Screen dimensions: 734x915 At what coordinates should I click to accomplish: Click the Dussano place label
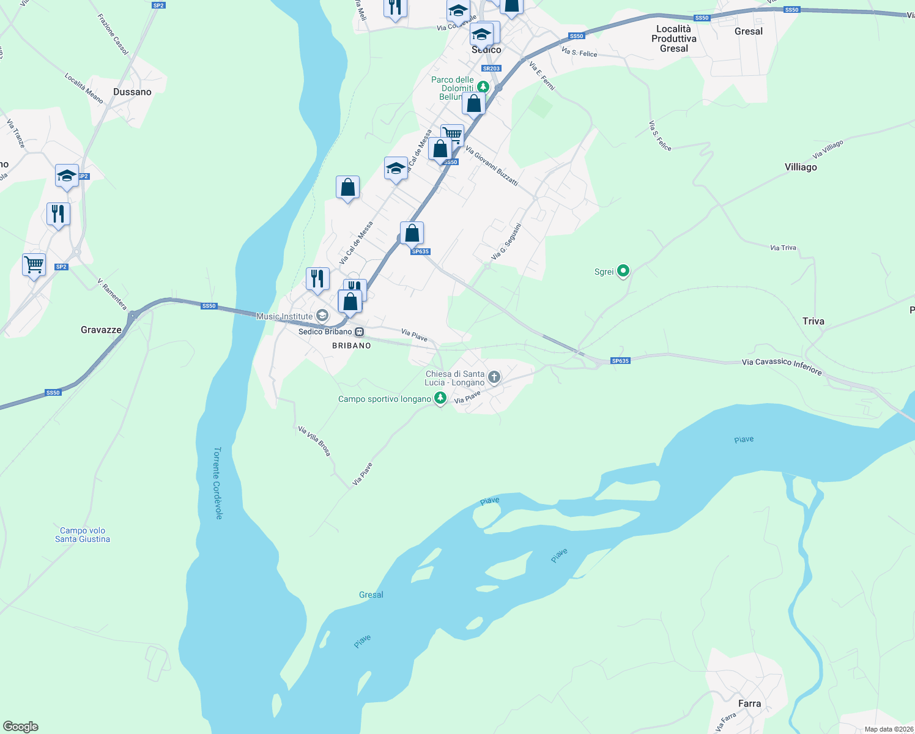click(x=132, y=92)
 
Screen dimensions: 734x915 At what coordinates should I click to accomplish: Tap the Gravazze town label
click(x=101, y=330)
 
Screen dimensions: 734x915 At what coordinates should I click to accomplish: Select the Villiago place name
click(x=800, y=167)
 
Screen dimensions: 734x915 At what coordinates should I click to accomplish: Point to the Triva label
click(x=813, y=321)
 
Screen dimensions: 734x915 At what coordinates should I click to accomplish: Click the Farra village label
click(x=749, y=703)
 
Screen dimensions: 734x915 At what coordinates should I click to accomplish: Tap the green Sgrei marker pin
click(x=623, y=270)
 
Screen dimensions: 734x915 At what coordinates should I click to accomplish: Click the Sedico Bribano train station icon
click(x=360, y=332)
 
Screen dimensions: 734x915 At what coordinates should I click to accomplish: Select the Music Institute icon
click(x=322, y=316)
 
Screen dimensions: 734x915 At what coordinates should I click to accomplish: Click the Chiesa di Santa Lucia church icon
click(x=494, y=377)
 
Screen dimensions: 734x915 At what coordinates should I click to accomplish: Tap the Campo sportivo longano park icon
click(x=440, y=398)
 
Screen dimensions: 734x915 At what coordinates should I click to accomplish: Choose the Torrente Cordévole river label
click(x=217, y=483)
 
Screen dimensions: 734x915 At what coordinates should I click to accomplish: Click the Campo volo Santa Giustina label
click(x=83, y=535)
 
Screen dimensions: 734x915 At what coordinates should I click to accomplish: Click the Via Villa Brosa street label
click(x=314, y=441)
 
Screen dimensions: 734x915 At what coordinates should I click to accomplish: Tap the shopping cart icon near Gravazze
click(x=34, y=265)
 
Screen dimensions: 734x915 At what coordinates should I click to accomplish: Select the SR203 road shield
click(x=491, y=69)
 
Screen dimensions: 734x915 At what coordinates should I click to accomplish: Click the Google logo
click(x=20, y=727)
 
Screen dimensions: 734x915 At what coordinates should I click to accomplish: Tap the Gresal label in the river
click(x=371, y=595)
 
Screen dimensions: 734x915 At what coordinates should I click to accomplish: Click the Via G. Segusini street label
click(x=507, y=241)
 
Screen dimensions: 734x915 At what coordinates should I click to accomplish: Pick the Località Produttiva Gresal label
click(x=673, y=39)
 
